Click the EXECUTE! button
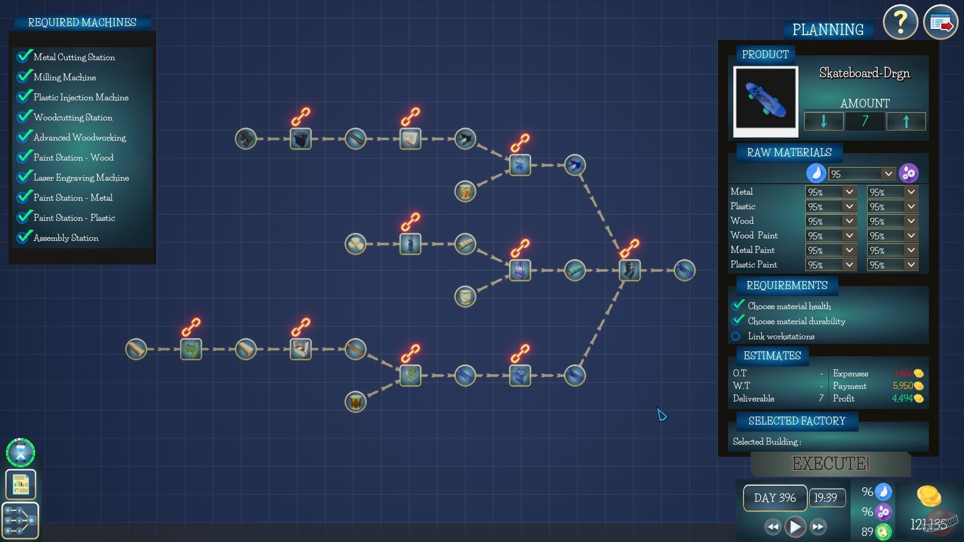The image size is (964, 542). coord(830,463)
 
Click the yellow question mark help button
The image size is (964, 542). coord(901,23)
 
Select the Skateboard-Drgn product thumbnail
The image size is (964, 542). coord(766,100)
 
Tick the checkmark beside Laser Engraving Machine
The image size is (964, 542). coord(24,177)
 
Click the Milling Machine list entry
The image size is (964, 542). coord(65,77)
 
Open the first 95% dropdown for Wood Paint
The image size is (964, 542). coord(830,235)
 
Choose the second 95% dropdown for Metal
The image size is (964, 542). coord(892,192)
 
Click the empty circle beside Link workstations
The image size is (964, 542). coord(736,336)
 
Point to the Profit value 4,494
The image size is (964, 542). coord(902,398)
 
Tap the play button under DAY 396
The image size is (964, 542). coord(795,526)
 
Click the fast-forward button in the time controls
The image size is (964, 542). coord(818,526)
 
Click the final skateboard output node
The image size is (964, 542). coord(684,270)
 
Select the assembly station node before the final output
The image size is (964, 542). coord(630,270)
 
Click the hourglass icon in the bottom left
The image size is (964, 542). coord(21,453)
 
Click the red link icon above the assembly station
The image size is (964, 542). coord(629,247)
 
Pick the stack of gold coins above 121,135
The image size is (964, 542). coord(928,496)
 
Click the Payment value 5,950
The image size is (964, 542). coord(902,386)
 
